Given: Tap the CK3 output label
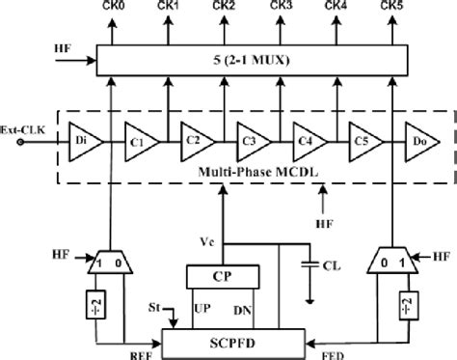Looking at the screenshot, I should point(282,8).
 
